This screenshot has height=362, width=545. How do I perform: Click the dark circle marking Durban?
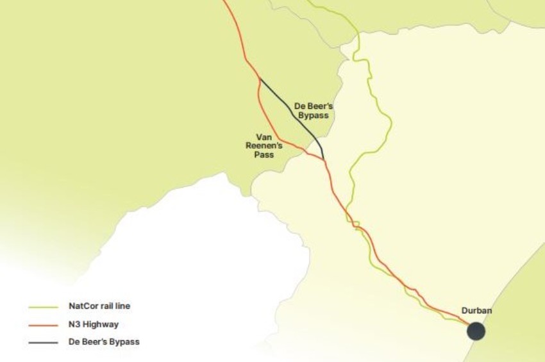pos(476,331)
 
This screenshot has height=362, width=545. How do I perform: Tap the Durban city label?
pos(476,311)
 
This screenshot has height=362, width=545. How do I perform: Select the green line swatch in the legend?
pos(44,306)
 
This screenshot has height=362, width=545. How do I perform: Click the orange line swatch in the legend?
pos(44,324)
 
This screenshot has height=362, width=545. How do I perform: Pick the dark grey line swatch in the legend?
pos(44,342)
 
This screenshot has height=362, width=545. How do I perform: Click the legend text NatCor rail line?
pos(99,306)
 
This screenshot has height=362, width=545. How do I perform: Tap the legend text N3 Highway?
pos(94,324)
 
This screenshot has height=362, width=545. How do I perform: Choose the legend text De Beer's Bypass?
pos(104,342)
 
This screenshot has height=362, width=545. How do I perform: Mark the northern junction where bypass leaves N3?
pos(259,78)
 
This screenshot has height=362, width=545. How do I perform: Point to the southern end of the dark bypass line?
pos(324,158)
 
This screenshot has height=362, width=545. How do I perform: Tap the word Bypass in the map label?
pos(313,115)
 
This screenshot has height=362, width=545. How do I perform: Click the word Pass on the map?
pos(264,154)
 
